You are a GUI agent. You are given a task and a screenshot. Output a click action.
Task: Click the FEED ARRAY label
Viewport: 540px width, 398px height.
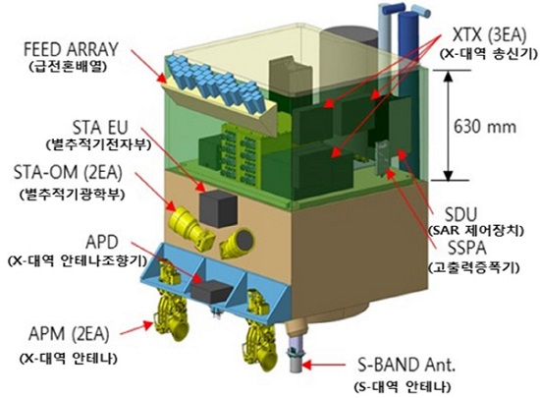[71, 50]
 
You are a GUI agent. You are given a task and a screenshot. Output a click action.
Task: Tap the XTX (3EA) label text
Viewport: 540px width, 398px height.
[489, 34]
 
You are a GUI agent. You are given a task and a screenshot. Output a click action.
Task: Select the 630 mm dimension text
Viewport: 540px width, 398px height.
[485, 127]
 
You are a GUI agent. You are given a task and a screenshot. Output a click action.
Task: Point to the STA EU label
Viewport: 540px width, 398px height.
[100, 127]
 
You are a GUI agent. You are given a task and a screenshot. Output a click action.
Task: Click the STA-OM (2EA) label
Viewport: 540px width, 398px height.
[68, 172]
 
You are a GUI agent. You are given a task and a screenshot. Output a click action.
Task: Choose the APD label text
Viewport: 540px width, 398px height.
[101, 243]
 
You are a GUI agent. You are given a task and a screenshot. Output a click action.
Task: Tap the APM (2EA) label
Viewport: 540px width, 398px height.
[69, 333]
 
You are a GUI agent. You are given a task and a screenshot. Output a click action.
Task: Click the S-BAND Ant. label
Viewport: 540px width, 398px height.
[406, 366]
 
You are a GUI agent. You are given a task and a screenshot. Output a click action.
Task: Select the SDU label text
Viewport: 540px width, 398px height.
[460, 214]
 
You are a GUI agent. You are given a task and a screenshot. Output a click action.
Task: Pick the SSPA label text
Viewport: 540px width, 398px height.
[467, 248]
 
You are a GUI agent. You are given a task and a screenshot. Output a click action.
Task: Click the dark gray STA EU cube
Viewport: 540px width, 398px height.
[218, 208]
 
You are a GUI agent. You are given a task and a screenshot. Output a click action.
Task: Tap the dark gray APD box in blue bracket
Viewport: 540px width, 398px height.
[211, 292]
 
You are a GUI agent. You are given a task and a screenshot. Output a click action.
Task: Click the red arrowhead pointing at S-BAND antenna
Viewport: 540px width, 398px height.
[307, 365]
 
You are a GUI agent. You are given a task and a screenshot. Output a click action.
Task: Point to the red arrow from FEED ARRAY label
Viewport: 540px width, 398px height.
[147, 66]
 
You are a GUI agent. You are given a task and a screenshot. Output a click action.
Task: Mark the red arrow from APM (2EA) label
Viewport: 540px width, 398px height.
[136, 328]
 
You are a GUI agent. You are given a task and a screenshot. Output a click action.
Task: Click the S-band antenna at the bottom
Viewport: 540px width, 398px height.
[296, 348]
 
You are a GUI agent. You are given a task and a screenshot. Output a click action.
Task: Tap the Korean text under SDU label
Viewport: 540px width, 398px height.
[475, 230]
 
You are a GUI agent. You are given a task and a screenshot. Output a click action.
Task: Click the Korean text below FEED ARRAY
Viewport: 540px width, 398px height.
[68, 66]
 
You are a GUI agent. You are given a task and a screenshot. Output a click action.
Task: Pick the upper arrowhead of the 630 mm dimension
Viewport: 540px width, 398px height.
[448, 77]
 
